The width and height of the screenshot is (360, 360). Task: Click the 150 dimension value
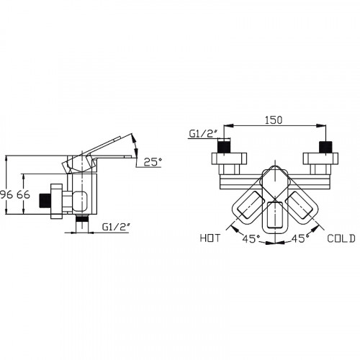[274, 120]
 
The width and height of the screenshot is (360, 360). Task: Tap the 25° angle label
[153, 162]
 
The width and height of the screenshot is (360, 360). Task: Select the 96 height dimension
[6, 194]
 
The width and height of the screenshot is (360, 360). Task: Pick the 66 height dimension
[23, 194]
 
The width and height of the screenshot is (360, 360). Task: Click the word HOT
[210, 238]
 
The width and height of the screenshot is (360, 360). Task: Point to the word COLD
[341, 238]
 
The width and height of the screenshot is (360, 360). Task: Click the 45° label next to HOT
[251, 238]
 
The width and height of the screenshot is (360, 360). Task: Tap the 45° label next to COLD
[300, 238]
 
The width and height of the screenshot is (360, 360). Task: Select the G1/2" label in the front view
[203, 134]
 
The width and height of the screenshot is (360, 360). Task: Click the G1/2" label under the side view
[116, 227]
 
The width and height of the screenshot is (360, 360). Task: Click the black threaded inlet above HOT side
[224, 147]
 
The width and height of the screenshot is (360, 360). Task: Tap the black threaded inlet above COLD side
[325, 147]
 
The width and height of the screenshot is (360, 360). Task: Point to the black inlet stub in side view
[45, 200]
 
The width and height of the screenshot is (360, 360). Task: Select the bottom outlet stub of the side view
[82, 223]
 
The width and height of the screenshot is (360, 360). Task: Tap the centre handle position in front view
[275, 216]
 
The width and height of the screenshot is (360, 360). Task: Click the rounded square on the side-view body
[80, 202]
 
